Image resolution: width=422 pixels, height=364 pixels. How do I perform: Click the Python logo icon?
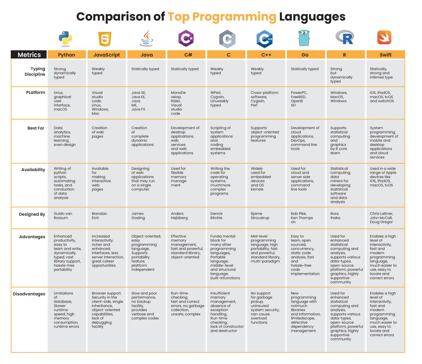(x=65, y=39)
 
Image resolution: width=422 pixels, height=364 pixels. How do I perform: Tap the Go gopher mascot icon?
(x=305, y=38)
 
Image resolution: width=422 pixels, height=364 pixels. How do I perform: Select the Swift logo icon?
(x=384, y=38)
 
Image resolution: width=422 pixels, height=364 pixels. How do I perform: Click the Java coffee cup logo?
(x=147, y=39)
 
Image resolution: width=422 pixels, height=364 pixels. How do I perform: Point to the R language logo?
(x=344, y=38)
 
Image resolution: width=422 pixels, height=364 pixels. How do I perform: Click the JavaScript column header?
(x=107, y=55)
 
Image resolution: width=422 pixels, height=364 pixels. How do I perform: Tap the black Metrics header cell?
(x=29, y=55)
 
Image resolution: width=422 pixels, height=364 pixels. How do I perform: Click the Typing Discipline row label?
(x=35, y=72)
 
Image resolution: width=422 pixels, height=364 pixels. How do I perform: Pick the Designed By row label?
(x=32, y=214)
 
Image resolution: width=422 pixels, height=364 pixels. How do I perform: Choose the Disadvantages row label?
(x=29, y=294)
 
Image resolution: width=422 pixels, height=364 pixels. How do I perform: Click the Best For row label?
(x=36, y=128)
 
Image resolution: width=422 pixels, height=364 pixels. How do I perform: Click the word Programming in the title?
(x=222, y=17)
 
